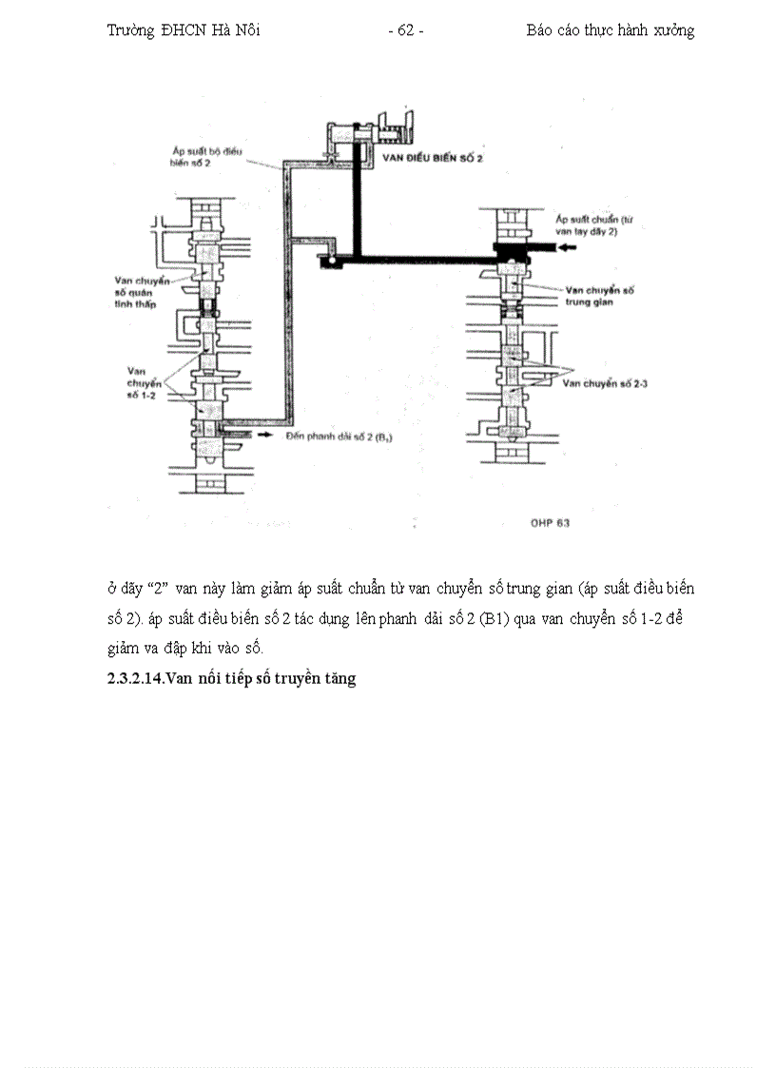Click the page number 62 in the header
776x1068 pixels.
[406, 30]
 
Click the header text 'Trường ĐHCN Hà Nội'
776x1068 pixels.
[184, 30]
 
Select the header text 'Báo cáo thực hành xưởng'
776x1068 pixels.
[610, 30]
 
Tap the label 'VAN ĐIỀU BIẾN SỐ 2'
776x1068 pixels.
[433, 157]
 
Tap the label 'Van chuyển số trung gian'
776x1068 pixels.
[599, 295]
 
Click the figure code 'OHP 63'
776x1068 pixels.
[550, 522]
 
